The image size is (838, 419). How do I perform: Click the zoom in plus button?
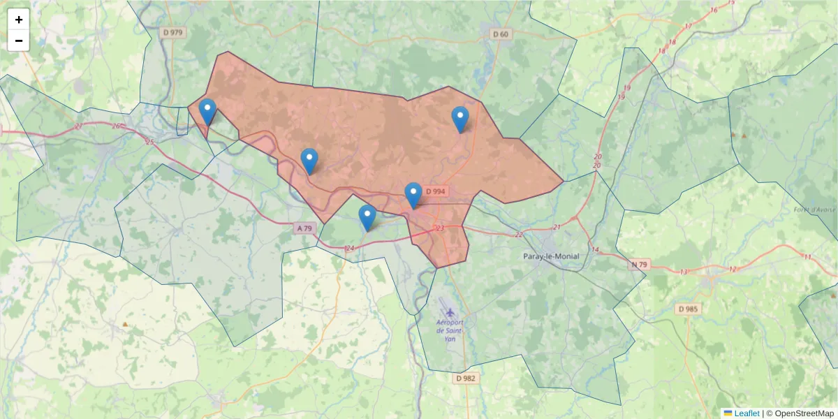click(x=19, y=20)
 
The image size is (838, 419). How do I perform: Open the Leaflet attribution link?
click(x=747, y=413)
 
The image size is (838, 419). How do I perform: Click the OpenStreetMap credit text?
click(x=804, y=413)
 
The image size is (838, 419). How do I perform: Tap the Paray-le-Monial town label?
click(x=551, y=256)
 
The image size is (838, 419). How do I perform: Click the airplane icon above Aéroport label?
click(x=449, y=311)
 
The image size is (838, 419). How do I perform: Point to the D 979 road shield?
click(x=172, y=32)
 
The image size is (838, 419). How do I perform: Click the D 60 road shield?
click(x=500, y=34)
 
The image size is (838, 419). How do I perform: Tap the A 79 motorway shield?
click(x=304, y=228)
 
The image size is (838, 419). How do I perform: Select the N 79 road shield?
click(x=640, y=264)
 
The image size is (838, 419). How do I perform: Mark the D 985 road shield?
click(x=689, y=309)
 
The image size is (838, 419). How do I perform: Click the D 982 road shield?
click(x=465, y=378)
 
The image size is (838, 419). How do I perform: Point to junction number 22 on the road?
click(x=519, y=234)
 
